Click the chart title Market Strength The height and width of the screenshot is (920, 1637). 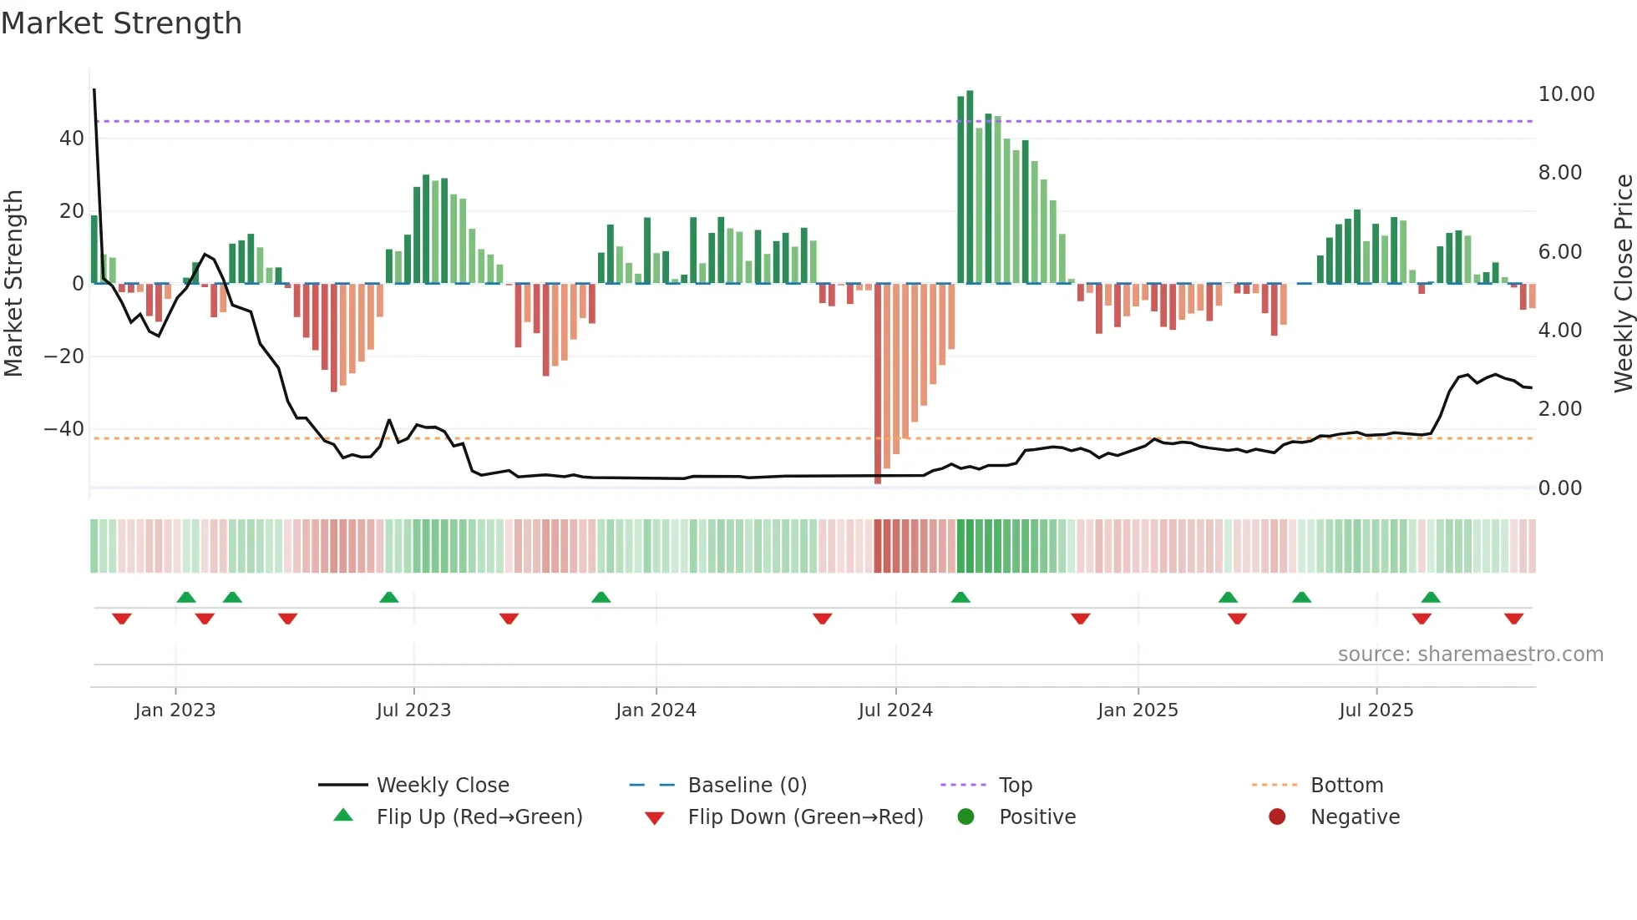click(122, 23)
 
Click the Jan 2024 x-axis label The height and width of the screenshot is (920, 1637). click(656, 710)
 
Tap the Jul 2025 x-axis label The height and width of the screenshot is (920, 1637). click(1376, 710)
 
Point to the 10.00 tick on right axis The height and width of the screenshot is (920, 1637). click(1566, 94)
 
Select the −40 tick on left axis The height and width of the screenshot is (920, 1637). click(64, 429)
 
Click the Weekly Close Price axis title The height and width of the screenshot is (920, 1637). click(1623, 283)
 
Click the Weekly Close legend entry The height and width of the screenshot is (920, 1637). click(442, 786)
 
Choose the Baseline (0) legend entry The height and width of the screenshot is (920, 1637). click(747, 786)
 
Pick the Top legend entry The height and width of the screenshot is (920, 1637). click(1015, 786)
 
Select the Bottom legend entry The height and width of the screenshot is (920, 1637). click(1346, 786)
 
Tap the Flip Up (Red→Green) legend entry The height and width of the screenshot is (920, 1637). click(479, 817)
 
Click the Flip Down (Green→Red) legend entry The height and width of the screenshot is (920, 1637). click(805, 817)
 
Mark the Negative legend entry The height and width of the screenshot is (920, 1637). click(1354, 817)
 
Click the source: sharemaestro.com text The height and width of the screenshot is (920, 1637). click(1470, 655)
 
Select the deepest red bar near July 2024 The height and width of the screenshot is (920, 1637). click(878, 384)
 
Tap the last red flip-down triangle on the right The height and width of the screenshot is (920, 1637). click(1513, 619)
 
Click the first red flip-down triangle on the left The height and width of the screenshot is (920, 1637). click(122, 619)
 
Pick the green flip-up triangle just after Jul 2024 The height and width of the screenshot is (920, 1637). click(960, 598)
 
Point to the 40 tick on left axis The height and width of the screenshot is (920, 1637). click(72, 139)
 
